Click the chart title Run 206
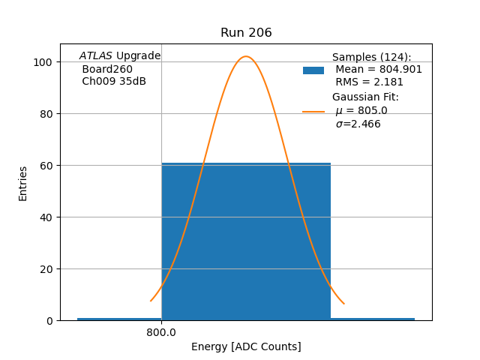[x=246, y=33]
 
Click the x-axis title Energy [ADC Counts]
[x=246, y=346]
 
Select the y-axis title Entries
[x=23, y=183]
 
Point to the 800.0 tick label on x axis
[x=161, y=332]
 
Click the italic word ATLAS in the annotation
[x=96, y=56]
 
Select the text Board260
[x=107, y=69]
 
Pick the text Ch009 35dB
[x=114, y=82]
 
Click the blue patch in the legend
[x=313, y=70]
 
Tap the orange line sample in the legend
[x=313, y=112]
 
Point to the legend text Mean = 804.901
[x=379, y=70]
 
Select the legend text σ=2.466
[x=358, y=124]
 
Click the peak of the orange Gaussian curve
[x=246, y=56]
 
